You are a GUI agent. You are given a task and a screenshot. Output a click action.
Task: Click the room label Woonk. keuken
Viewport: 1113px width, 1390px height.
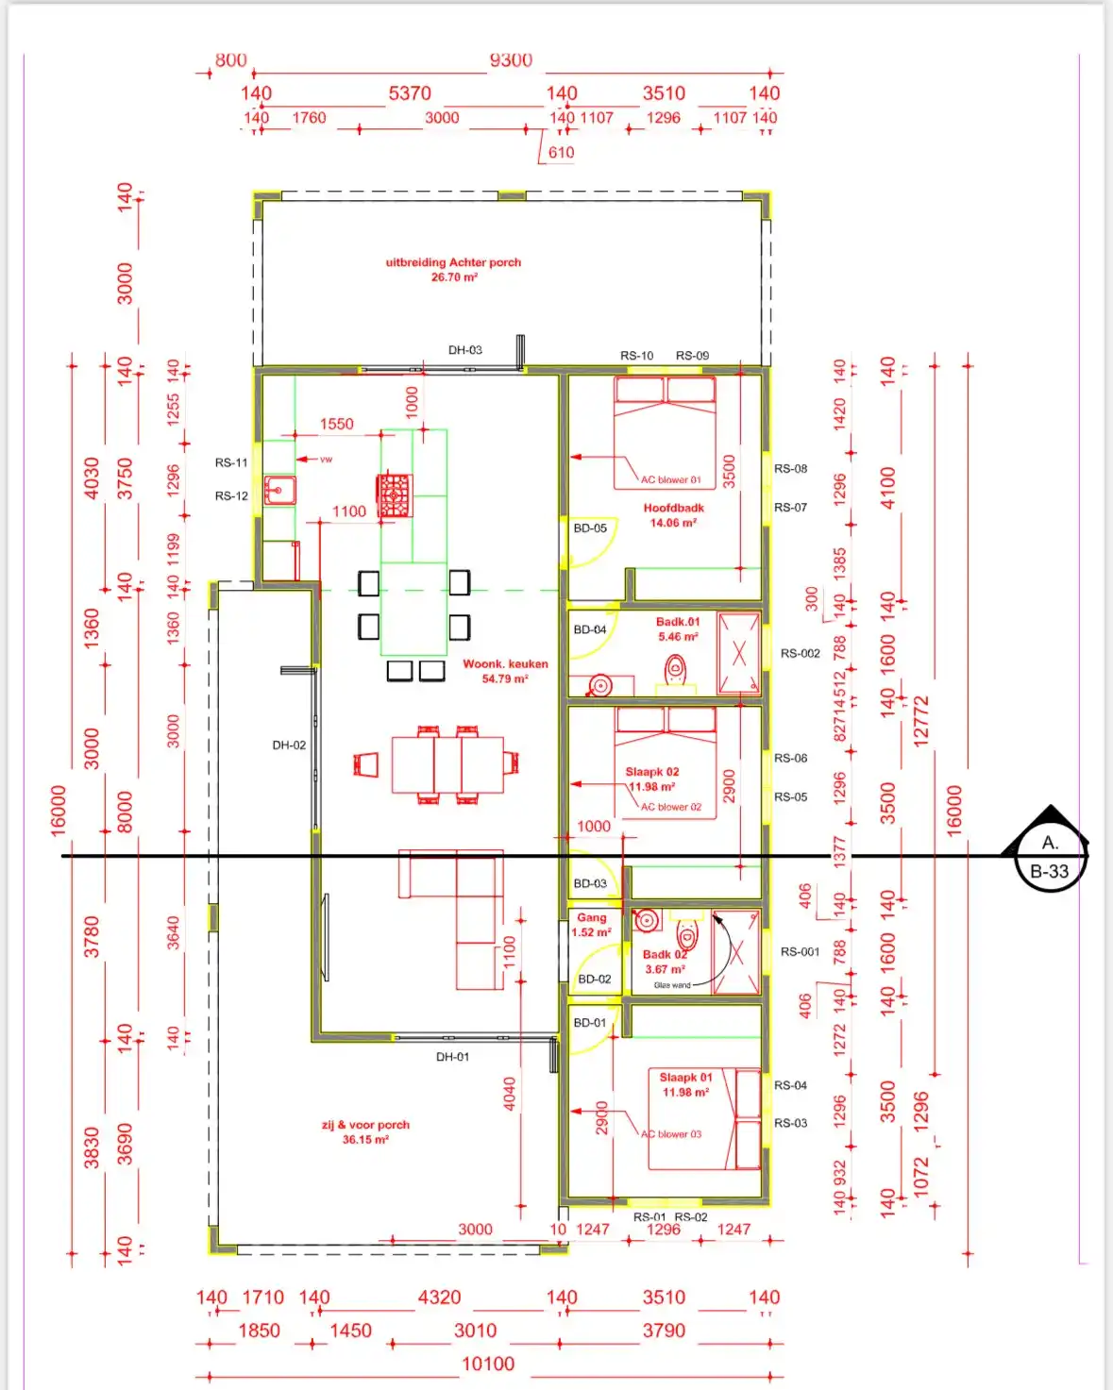point(505,664)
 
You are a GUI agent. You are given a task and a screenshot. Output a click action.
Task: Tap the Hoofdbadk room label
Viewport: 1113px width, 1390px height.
point(673,508)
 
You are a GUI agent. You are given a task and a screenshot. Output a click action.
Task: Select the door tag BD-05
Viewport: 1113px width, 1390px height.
point(590,528)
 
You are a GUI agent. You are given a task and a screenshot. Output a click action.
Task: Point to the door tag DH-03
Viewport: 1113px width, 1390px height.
point(464,350)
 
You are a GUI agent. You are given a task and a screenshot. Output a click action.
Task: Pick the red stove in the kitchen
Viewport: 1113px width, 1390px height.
point(395,494)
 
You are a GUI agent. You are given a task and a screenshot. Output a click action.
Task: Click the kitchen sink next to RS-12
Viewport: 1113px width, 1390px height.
point(279,491)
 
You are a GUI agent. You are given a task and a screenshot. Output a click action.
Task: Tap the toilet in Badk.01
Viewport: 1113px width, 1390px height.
point(675,671)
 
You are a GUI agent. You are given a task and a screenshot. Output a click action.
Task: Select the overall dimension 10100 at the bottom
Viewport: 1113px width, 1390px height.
point(488,1364)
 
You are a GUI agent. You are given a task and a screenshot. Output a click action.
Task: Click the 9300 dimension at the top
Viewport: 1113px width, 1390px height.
point(511,60)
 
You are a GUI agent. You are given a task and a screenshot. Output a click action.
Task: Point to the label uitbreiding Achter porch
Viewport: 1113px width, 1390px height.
point(453,262)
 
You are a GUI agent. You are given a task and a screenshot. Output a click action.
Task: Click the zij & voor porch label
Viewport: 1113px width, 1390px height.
point(365,1125)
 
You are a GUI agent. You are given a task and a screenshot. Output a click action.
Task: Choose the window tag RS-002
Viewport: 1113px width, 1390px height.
point(800,653)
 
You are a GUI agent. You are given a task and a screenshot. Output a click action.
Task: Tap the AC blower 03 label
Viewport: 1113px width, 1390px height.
point(671,1134)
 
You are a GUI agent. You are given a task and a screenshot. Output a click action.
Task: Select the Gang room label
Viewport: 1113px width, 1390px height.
point(592,917)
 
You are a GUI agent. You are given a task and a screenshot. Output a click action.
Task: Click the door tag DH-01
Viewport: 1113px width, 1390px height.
point(452,1057)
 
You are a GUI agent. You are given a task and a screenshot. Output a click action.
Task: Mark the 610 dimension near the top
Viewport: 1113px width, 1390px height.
point(561,152)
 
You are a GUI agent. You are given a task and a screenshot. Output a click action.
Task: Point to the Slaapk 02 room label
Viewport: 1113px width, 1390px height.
point(652,772)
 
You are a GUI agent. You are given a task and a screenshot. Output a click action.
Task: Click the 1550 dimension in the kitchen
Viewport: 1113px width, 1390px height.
point(336,424)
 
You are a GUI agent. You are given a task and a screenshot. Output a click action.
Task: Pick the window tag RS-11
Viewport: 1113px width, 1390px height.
point(231,462)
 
